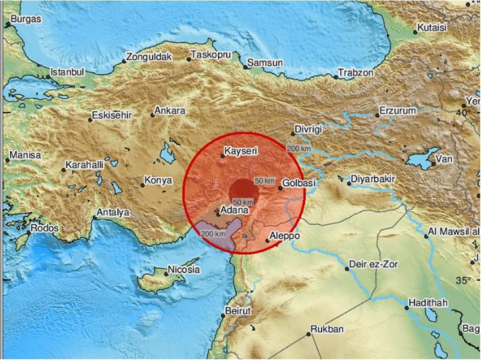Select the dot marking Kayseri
click(223, 156)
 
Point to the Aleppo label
click(285, 236)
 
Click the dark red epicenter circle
click(244, 192)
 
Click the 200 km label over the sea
click(212, 234)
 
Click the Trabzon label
click(356, 73)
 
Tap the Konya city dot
click(142, 185)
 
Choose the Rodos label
click(45, 228)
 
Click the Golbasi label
click(299, 183)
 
